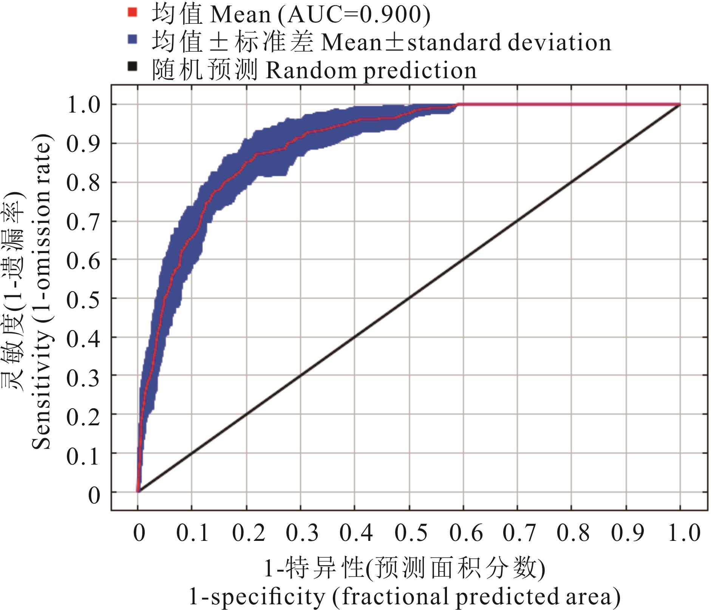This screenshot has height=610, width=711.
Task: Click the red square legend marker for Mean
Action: [132, 12]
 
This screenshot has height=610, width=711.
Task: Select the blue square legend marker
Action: [132, 40]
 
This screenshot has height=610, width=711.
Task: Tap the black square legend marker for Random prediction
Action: [132, 67]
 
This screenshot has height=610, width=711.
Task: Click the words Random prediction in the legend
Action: [371, 70]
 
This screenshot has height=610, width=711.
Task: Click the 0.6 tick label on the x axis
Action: [466, 533]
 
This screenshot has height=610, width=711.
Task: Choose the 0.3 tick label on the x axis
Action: [302, 533]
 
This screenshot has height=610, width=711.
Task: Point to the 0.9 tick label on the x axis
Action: [628, 533]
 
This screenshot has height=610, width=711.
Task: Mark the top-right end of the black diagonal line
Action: [680, 105]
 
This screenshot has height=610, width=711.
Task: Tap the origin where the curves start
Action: [138, 491]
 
